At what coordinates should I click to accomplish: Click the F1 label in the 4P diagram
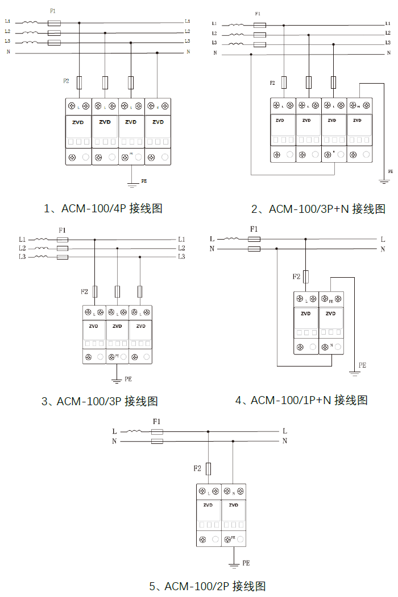point(53,11)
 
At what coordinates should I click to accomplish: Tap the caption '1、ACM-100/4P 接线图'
point(103,208)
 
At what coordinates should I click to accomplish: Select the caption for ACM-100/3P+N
point(318,209)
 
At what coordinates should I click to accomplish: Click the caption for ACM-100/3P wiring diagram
point(100,401)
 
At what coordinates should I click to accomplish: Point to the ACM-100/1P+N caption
point(301,400)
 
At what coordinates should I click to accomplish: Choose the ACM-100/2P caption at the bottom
point(208,586)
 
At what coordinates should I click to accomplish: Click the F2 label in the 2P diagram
point(197,468)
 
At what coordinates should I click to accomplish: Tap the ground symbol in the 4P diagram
point(132,184)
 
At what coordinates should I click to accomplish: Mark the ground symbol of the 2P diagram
point(233,565)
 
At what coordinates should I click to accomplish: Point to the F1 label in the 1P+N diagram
point(254,229)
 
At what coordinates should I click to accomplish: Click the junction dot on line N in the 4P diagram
point(157,53)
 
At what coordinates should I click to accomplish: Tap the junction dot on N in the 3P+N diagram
point(251,55)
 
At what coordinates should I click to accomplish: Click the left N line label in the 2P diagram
point(114,441)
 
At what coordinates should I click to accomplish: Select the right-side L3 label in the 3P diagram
point(181,257)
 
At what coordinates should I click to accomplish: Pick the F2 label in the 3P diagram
point(84,291)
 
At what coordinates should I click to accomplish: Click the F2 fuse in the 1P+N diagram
point(306,277)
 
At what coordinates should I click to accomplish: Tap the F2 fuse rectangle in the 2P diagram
point(209,468)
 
